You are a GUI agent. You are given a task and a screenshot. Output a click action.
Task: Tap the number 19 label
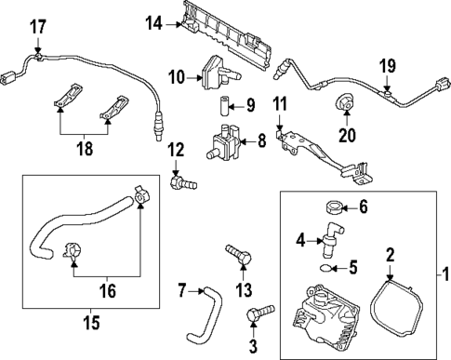pos(388,66)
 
